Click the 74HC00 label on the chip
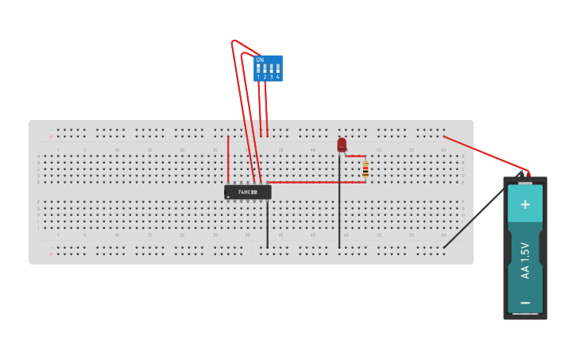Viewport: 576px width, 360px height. click(x=248, y=192)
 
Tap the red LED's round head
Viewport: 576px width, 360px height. click(x=342, y=144)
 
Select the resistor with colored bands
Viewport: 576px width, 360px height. click(x=365, y=169)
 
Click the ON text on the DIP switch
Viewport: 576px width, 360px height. click(x=260, y=60)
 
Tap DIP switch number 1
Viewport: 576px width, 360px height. click(x=258, y=69)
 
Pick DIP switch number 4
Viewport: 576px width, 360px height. click(x=277, y=69)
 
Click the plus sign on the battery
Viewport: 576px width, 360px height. click(x=524, y=204)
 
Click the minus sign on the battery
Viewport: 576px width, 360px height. click(x=524, y=303)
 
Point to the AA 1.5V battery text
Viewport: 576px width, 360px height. click(x=525, y=261)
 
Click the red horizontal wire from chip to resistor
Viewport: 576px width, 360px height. click(x=318, y=182)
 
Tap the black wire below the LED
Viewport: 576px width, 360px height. click(x=339, y=207)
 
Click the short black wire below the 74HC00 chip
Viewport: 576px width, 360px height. click(x=267, y=226)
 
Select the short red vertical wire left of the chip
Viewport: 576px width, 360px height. click(x=228, y=159)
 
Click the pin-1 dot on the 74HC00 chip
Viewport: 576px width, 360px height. click(x=228, y=196)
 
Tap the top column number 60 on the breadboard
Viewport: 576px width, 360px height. click(x=444, y=149)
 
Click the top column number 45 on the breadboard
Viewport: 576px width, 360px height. click(x=346, y=149)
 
